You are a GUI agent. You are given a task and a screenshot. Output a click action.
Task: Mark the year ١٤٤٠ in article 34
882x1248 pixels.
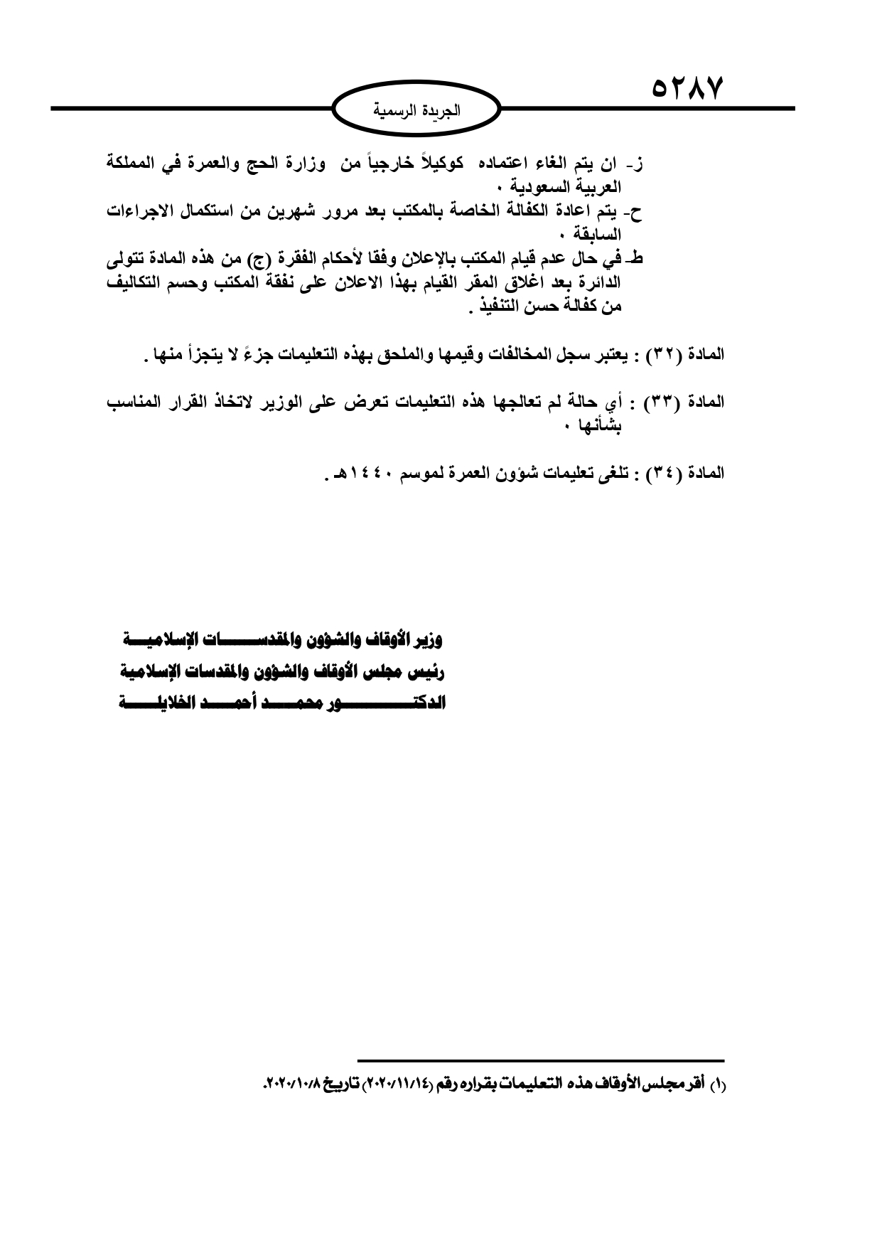point(370,472)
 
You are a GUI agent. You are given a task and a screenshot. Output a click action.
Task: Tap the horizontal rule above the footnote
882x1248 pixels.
point(540,1060)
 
